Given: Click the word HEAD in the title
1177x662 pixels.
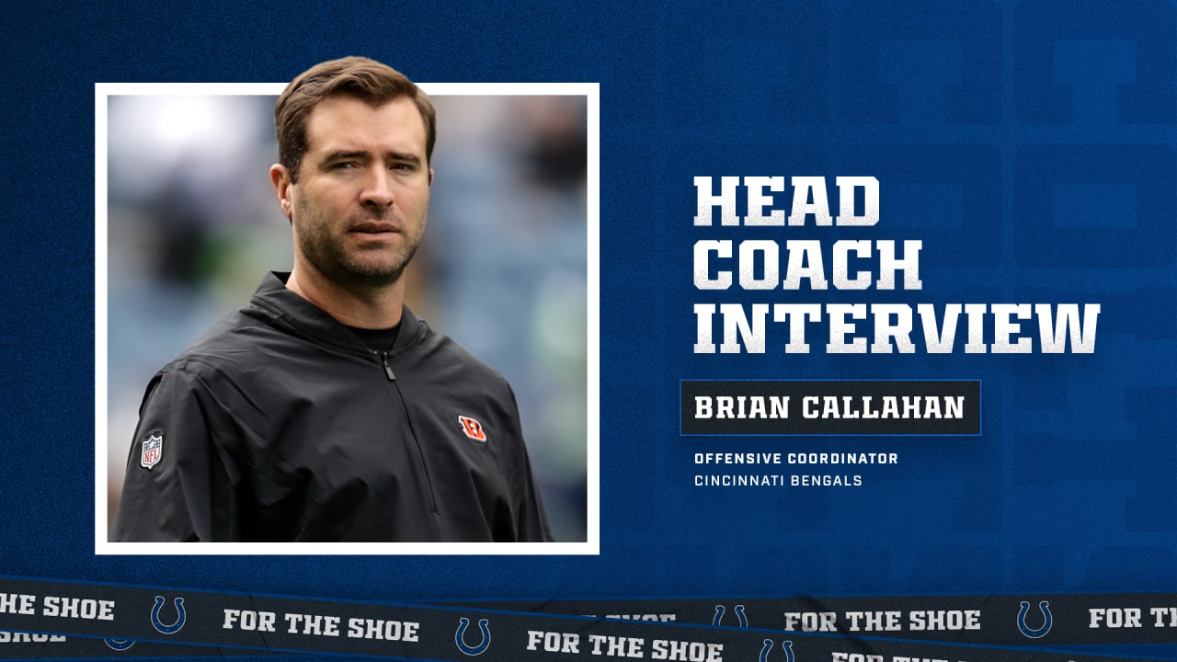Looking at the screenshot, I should pyautogui.click(x=786, y=201).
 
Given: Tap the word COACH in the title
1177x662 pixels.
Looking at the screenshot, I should pyautogui.click(x=807, y=265).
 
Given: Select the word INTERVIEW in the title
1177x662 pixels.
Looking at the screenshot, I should pyautogui.click(x=897, y=327).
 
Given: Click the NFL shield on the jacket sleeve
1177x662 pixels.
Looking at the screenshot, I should pyautogui.click(x=152, y=450).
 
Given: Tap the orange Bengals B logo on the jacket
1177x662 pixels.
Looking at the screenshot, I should pyautogui.click(x=473, y=428).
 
